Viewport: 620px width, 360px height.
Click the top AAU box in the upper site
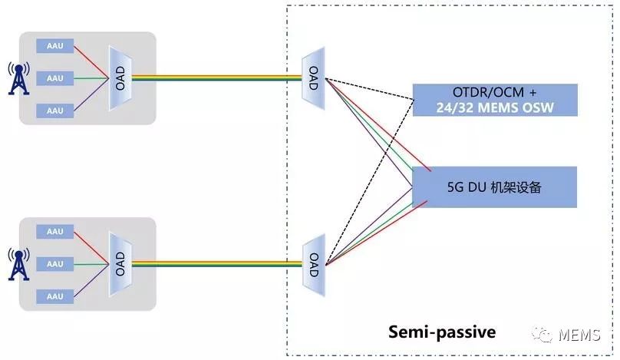click(55, 46)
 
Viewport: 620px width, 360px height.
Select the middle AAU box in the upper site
click(55, 78)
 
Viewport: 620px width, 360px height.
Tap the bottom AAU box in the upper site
click(55, 111)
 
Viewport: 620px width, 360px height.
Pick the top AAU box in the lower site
click(55, 232)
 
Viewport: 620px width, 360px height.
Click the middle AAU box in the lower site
click(55, 264)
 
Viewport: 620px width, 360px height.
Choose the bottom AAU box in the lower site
click(55, 296)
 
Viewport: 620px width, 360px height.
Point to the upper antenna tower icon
click(18, 78)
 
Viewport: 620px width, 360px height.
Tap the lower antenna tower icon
click(18, 264)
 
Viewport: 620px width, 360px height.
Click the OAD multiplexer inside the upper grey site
click(120, 78)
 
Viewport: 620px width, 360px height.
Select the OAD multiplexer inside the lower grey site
click(120, 264)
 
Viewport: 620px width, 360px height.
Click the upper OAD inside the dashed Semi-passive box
click(314, 78)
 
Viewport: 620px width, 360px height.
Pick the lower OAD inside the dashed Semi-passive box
click(314, 265)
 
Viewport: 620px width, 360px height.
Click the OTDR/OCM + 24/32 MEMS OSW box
click(495, 100)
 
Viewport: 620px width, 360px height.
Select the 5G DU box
click(495, 187)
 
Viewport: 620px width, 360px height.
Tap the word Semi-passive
click(442, 332)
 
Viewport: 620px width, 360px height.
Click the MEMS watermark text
click(579, 335)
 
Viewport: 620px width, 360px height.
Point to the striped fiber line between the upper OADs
click(216, 78)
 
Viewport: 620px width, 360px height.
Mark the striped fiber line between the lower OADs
click(217, 264)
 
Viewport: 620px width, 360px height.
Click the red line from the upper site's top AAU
click(91, 62)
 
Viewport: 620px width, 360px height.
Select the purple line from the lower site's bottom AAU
click(91, 280)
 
